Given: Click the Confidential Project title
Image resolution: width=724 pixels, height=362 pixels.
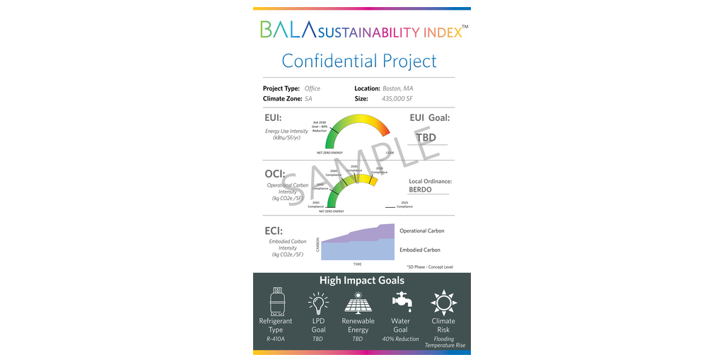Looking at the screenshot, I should (x=359, y=61).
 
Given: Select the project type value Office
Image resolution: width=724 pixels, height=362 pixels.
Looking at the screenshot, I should (x=313, y=88).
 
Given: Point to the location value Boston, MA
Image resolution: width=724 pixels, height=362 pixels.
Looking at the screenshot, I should (x=397, y=88).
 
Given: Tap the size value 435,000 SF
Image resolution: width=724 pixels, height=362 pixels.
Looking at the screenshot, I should (x=397, y=99).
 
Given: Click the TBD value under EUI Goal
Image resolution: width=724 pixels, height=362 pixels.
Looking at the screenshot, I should (x=426, y=137).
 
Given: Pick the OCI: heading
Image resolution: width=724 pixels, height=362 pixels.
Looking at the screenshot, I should (x=274, y=173).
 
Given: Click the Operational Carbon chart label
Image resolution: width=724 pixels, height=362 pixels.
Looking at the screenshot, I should (x=422, y=230).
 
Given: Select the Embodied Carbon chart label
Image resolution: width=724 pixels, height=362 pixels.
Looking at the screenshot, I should (x=420, y=250).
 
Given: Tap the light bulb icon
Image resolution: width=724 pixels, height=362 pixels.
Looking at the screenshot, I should (x=318, y=303).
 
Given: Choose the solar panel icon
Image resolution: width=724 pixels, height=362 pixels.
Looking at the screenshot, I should (x=358, y=303).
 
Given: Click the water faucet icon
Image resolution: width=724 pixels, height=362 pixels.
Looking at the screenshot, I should (x=401, y=302).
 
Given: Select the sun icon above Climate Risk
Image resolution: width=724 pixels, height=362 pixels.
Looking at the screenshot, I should (x=443, y=302).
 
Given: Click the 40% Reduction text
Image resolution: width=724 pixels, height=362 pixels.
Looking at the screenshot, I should (x=401, y=339).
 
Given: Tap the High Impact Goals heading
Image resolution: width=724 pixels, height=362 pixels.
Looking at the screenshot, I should (x=362, y=280).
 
